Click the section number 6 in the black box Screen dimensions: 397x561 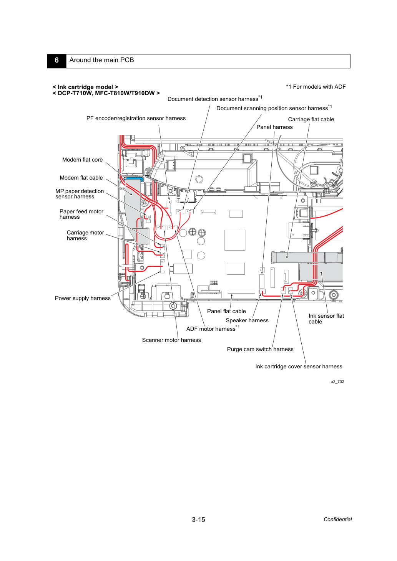point(56,60)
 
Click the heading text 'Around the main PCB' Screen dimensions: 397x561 point(101,60)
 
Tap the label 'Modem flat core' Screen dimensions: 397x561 point(82,160)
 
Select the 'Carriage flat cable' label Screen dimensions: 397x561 point(311,119)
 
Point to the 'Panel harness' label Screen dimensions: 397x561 point(274,127)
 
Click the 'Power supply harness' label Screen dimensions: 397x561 point(83,298)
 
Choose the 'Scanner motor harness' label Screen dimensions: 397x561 point(171,340)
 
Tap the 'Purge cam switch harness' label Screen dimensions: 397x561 point(260,349)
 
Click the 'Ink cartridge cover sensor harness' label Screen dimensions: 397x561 point(299,367)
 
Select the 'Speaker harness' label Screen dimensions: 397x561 point(247,320)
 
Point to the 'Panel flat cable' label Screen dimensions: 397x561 point(226,311)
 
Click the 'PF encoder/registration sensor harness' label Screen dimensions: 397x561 point(136,119)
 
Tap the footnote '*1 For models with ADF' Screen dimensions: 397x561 point(316,87)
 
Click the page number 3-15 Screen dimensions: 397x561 point(198,520)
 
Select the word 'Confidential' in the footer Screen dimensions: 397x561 point(337,520)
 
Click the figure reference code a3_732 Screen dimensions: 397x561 point(337,382)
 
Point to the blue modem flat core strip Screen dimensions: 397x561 point(134,178)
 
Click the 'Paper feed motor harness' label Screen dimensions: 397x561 point(81,214)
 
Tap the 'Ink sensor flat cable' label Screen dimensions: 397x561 point(326,319)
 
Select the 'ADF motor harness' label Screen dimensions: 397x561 point(213,328)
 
